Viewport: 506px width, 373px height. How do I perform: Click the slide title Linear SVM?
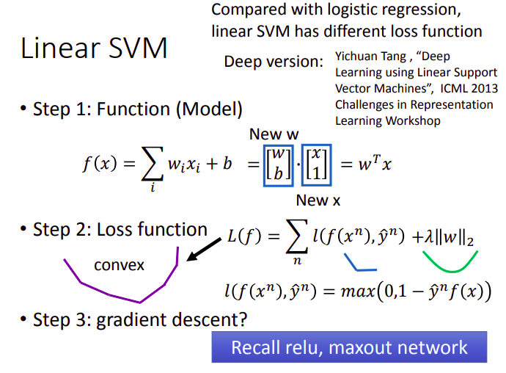[x=95, y=48]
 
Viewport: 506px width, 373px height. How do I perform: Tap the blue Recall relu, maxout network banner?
[x=349, y=347]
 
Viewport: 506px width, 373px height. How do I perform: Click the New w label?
[x=276, y=134]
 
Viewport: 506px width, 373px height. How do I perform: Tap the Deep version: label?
[x=274, y=61]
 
